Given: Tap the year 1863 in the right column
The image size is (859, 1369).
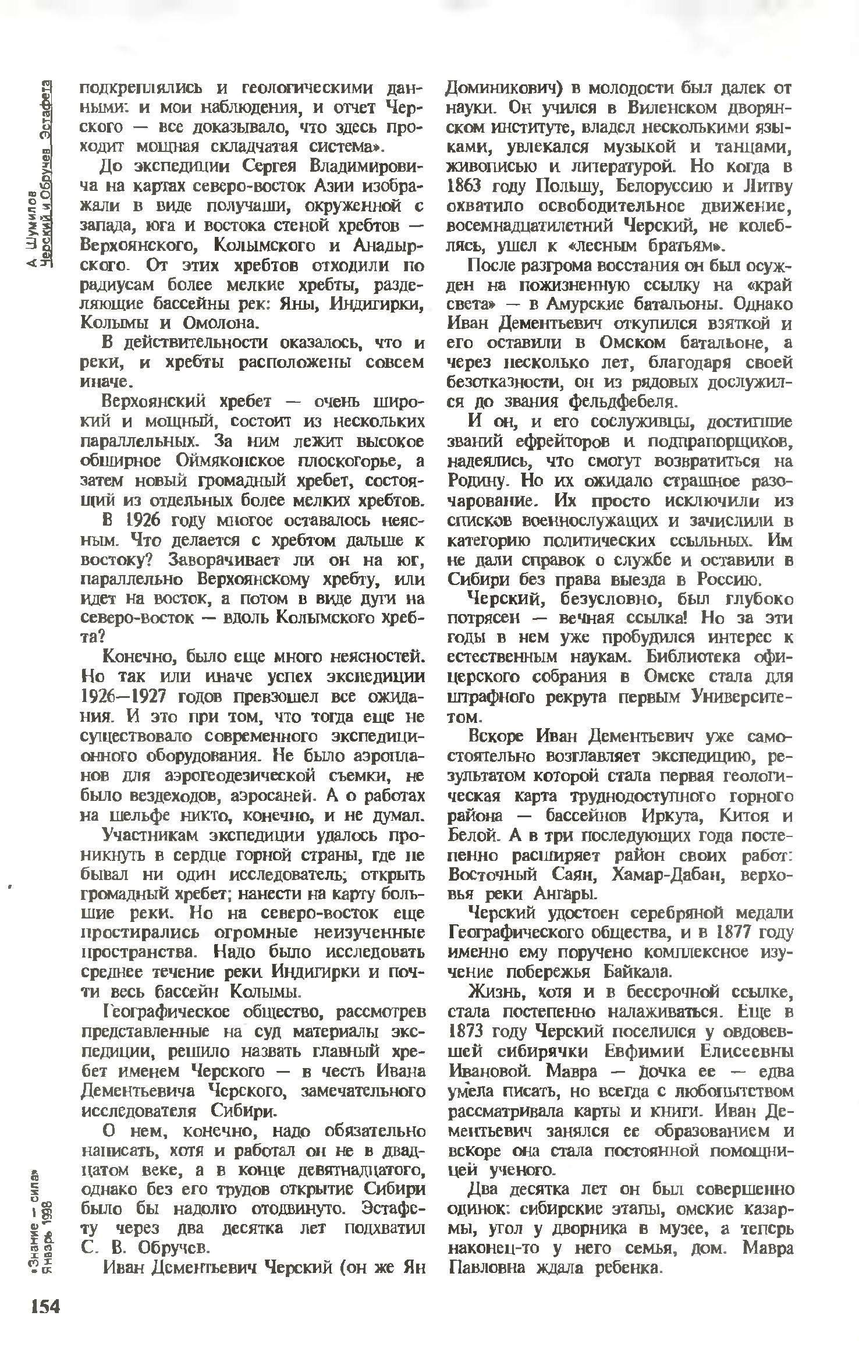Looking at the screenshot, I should (x=464, y=186).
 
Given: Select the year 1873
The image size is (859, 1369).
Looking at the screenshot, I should (x=464, y=1031).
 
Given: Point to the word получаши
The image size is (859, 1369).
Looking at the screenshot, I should (x=245, y=206).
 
